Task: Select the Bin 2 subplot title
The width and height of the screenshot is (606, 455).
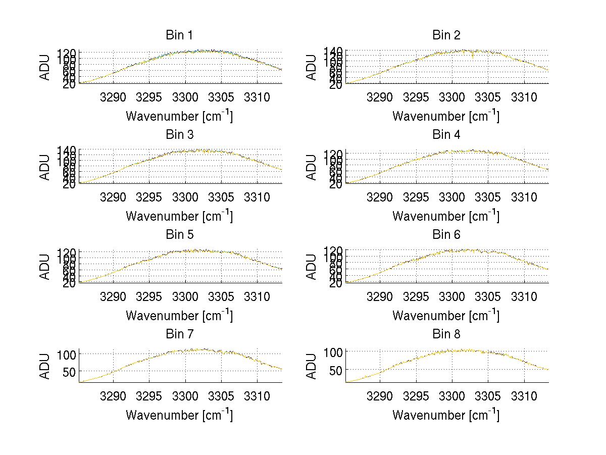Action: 446,35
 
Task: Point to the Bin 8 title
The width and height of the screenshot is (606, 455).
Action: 446,334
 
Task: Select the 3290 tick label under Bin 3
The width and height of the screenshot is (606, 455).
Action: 113,196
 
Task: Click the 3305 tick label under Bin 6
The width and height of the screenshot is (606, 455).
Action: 488,296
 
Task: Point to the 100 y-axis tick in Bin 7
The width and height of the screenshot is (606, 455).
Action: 69,354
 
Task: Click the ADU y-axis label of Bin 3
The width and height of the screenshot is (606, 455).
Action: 45,167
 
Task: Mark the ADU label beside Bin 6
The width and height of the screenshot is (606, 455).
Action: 312,266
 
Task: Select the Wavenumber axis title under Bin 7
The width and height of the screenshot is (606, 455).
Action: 179,415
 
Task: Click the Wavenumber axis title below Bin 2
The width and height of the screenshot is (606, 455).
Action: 446,116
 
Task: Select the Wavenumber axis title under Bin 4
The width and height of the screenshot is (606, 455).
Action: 446,216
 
